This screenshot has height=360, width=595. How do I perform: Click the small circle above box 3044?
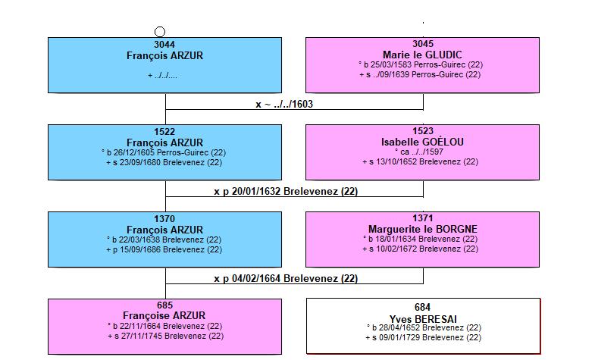pos(160,32)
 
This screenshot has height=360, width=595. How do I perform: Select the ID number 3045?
pos(423,44)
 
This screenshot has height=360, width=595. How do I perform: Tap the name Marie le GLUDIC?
pos(422,55)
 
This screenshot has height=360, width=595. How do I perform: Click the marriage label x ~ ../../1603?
pos(284,104)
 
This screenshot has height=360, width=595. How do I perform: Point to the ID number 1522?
pos(164,132)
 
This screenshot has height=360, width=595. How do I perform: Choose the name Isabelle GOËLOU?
pos(422,142)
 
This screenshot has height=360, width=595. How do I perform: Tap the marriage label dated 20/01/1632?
pos(286,191)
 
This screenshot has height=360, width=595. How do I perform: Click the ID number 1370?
pos(164,219)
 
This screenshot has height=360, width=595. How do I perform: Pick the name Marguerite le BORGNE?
pos(423,229)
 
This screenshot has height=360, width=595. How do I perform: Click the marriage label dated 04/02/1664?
pos(286,278)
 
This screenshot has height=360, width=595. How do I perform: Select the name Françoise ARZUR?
pos(164,315)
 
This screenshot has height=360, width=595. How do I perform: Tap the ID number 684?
pos(422,307)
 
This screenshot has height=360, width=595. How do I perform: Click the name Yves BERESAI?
pos(423,319)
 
